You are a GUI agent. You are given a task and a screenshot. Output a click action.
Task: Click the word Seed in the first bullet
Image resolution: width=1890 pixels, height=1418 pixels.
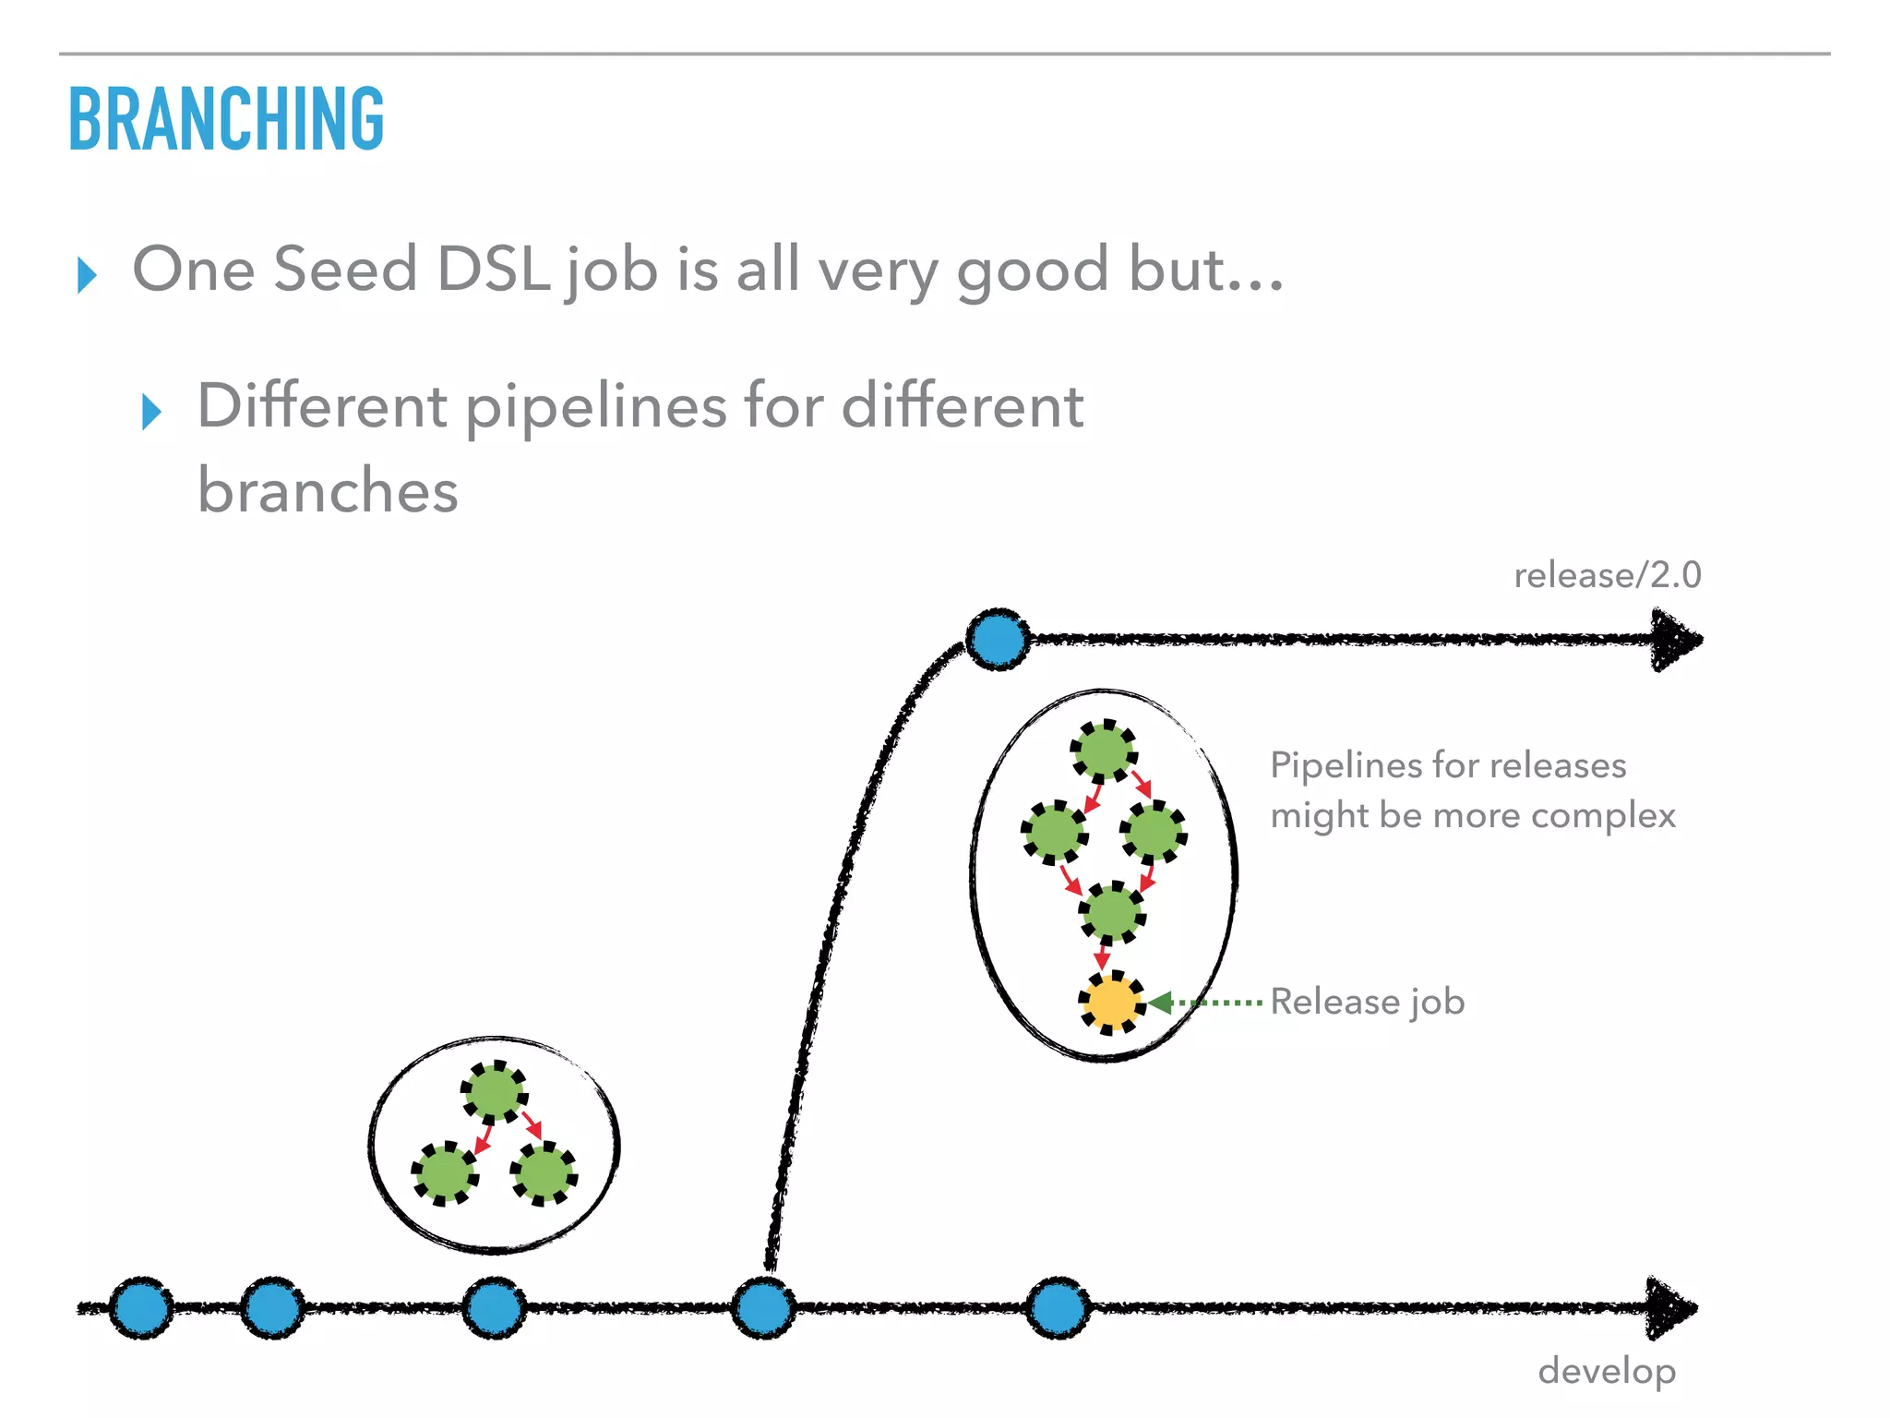coord(345,270)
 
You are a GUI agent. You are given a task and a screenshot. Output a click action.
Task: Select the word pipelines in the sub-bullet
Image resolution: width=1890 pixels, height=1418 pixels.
coord(595,407)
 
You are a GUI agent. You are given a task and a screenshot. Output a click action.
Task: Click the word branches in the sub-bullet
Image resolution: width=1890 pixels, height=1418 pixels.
coord(328,490)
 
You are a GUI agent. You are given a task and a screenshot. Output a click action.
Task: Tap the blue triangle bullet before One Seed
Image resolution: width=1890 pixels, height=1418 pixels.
coord(87,275)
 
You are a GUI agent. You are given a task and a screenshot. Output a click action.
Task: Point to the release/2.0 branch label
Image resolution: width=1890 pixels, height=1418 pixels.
coord(1607,575)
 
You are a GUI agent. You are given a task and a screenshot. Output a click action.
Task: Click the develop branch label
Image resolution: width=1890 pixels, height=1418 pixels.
coord(1607,1371)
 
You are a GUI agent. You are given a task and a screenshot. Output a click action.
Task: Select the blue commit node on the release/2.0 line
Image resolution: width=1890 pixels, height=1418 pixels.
coord(998,639)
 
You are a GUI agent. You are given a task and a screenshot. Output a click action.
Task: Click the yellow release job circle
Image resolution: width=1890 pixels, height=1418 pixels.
coord(1111,1003)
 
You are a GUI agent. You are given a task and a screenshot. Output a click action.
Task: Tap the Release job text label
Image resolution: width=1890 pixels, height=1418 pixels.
coord(1367,1002)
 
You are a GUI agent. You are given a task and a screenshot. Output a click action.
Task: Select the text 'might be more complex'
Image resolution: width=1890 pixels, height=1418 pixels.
coord(1472,816)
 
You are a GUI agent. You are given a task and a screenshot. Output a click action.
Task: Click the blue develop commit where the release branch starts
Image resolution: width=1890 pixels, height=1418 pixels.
coord(763,1307)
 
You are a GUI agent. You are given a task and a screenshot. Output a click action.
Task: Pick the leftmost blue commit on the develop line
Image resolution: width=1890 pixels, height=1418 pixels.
coord(141,1307)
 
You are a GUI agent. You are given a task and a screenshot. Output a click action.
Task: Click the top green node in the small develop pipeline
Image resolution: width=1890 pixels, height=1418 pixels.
coord(495,1091)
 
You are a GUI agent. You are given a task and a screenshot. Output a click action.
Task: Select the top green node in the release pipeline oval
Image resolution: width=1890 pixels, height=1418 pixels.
coord(1104,751)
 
